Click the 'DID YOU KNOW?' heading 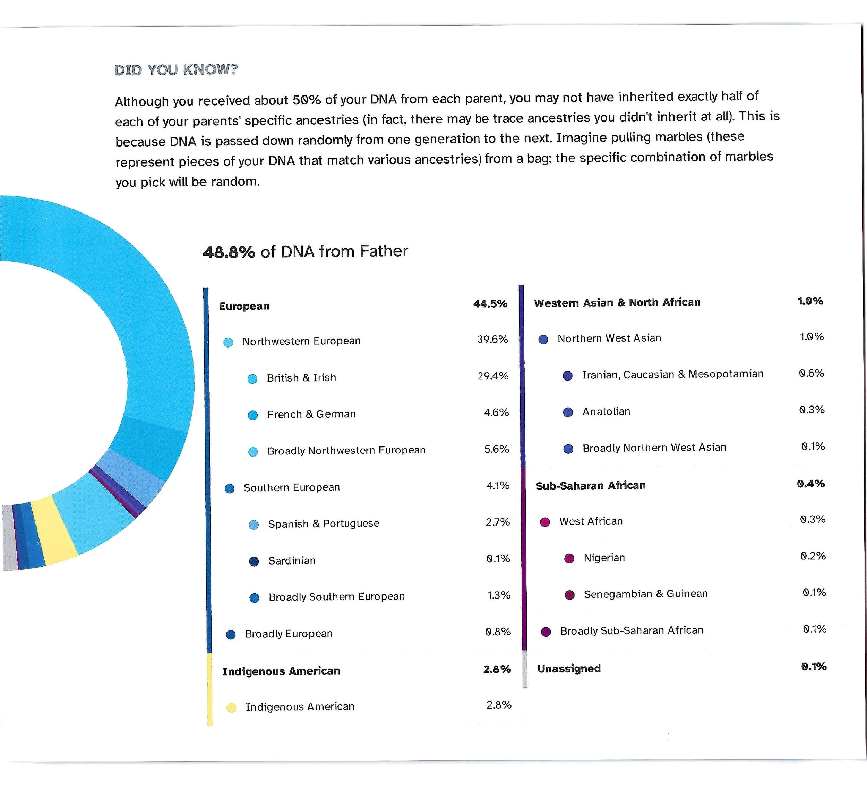(176, 70)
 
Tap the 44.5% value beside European (490, 304)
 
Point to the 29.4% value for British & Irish (493, 376)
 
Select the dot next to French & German (253, 415)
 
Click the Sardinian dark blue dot (254, 562)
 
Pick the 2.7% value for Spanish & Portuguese (498, 522)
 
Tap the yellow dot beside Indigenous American (231, 708)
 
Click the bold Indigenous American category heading (281, 671)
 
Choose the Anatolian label (606, 411)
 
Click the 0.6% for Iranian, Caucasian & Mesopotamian (812, 373)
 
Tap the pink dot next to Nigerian (569, 559)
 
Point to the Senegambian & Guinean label (645, 594)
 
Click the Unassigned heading (569, 669)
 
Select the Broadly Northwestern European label (346, 450)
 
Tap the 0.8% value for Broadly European (498, 632)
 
